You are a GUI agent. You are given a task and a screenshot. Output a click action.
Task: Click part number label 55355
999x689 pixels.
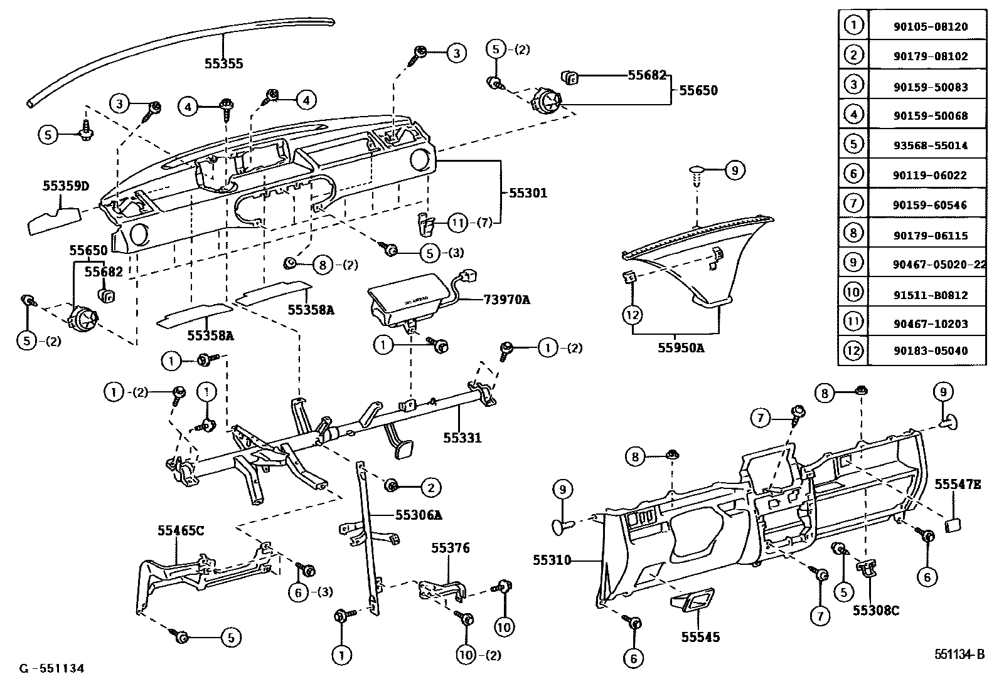(x=223, y=63)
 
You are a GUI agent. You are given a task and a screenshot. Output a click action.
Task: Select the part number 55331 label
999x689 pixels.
(x=462, y=437)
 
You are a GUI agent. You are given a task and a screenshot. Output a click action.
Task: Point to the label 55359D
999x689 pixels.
(x=66, y=186)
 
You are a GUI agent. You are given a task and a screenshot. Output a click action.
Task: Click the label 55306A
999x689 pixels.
(x=419, y=515)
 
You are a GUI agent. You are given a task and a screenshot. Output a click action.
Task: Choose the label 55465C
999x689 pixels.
(x=181, y=530)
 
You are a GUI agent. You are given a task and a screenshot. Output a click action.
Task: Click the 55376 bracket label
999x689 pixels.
(x=450, y=548)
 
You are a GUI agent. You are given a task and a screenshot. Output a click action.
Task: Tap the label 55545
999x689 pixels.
(x=700, y=637)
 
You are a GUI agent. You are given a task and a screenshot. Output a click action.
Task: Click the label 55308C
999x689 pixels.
(x=875, y=609)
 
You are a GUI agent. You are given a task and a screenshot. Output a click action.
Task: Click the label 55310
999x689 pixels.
(x=552, y=560)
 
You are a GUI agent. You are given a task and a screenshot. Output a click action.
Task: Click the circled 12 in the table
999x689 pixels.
(x=853, y=350)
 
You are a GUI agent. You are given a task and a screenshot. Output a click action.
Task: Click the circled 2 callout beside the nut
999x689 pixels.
(x=430, y=487)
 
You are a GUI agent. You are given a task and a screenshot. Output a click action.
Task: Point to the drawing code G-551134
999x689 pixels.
(x=51, y=668)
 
